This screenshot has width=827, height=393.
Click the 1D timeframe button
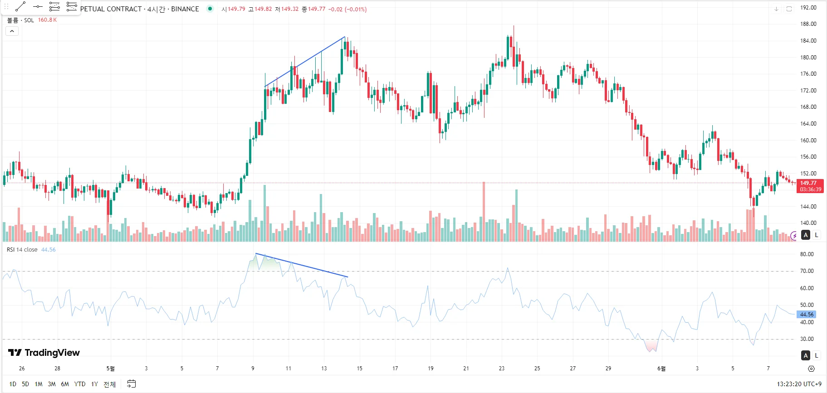tap(13, 384)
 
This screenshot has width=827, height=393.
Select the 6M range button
tap(65, 384)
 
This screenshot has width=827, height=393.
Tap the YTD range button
tap(80, 384)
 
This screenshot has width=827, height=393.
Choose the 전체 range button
tap(109, 384)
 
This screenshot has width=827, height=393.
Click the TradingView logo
tap(44, 353)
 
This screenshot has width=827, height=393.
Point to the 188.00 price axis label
tap(807, 24)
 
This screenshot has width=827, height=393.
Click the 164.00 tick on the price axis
tap(807, 124)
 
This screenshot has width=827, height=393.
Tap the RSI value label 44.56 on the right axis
tap(806, 314)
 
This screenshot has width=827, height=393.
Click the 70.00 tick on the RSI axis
tap(807, 271)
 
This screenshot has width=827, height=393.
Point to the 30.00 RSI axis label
tap(807, 339)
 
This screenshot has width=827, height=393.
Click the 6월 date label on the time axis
tap(661, 369)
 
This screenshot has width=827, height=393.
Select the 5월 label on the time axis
tap(110, 369)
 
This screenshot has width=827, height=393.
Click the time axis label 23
tap(501, 369)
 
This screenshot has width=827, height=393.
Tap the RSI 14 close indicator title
tap(22, 250)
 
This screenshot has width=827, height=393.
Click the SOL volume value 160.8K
tap(47, 20)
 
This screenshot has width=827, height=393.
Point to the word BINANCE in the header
tap(185, 9)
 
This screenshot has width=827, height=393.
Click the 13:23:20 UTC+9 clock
tap(799, 384)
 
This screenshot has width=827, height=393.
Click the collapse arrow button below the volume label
tap(12, 31)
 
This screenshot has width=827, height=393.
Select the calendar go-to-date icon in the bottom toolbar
tap(131, 384)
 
